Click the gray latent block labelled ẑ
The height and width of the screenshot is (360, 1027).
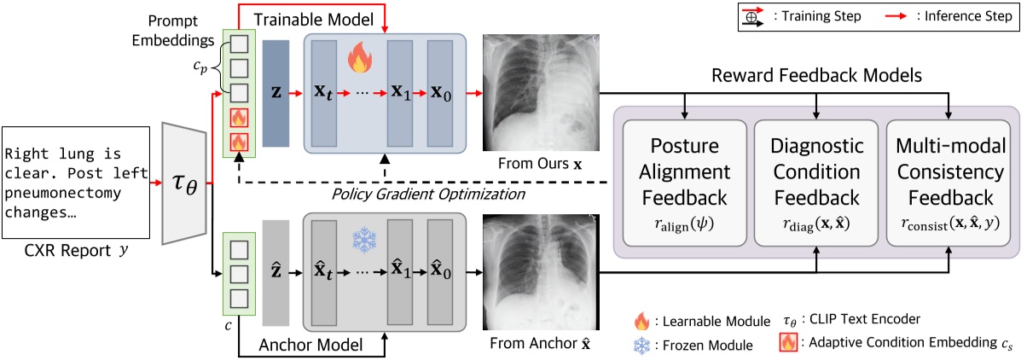tap(276, 271)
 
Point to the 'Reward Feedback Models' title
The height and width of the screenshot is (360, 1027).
tap(817, 76)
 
